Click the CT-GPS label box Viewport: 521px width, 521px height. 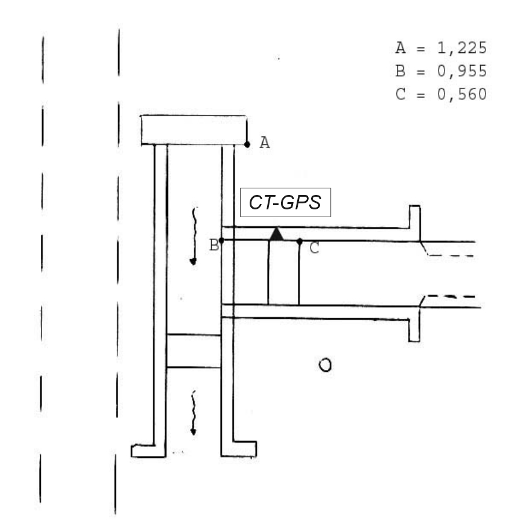pos(285,202)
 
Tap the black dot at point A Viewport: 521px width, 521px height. pos(247,144)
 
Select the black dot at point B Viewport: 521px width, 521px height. pos(221,240)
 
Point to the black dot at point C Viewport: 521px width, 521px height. pos(300,242)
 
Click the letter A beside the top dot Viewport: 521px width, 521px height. pos(265,143)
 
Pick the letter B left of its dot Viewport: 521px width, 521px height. pos(214,245)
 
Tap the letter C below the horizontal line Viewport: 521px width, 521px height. pos(314,248)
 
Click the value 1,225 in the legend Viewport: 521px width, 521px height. pos(462,48)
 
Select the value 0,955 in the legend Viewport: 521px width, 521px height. pos(462,71)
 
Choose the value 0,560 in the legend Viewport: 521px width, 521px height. pos(462,94)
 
